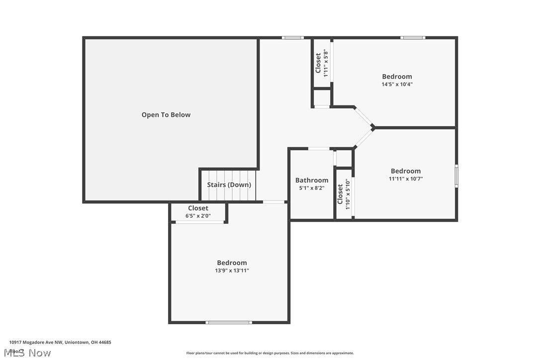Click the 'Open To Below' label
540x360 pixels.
click(166, 115)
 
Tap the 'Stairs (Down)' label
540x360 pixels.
click(229, 184)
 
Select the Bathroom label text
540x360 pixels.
click(312, 180)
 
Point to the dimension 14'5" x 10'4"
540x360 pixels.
click(397, 84)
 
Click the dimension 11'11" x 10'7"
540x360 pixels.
click(405, 179)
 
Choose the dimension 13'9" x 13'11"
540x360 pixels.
click(232, 270)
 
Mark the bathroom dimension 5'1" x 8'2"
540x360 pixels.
click(312, 188)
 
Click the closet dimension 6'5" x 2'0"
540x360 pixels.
click(198, 216)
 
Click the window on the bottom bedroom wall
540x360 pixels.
click(229, 322)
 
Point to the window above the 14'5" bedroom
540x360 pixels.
click(413, 38)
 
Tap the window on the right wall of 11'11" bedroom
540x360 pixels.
click(456, 176)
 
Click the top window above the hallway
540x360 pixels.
click(292, 38)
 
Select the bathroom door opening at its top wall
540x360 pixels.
click(318, 148)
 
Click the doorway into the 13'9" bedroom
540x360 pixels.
click(273, 202)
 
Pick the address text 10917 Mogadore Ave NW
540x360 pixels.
click(60, 342)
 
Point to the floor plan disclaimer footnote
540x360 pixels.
click(270, 353)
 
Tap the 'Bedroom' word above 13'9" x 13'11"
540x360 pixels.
click(232, 263)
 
